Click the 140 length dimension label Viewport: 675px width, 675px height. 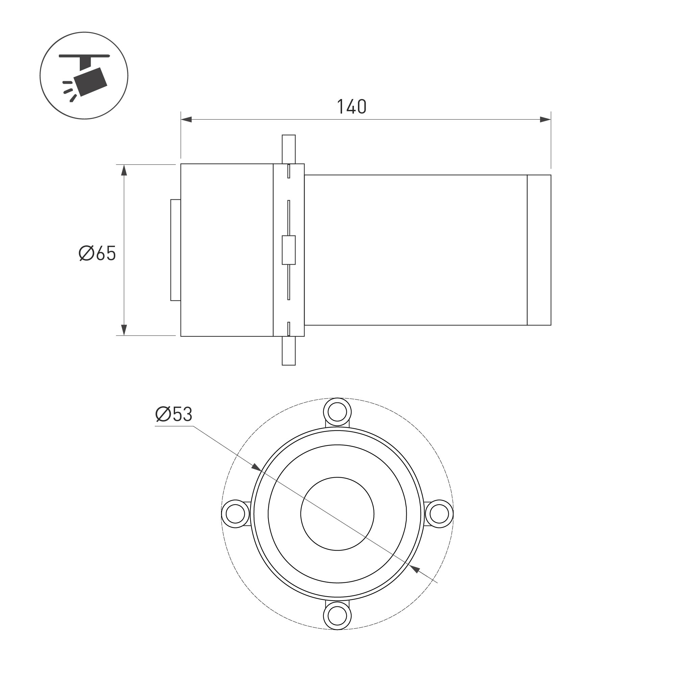pyautogui.click(x=352, y=107)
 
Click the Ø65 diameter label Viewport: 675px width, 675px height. pyautogui.click(x=97, y=253)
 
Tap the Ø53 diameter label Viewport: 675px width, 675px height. pyautogui.click(x=174, y=414)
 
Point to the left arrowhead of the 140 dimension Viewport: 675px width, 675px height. pyautogui.click(x=186, y=120)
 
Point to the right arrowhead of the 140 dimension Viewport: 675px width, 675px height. pyautogui.click(x=546, y=120)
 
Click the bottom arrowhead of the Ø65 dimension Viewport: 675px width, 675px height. pyautogui.click(x=124, y=330)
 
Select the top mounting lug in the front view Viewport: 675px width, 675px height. pyautogui.click(x=337, y=412)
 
